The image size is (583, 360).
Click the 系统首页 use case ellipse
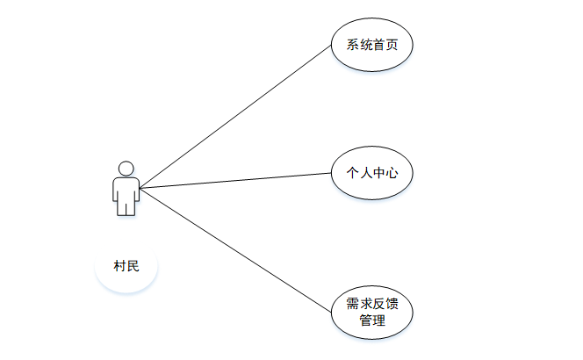coord(372,46)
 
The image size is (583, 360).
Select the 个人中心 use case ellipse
coord(372,173)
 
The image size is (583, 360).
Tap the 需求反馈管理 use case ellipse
coord(372,312)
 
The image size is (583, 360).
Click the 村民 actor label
coord(126,266)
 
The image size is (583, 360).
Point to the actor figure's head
coord(126,168)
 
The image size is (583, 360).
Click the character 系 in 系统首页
coord(353,46)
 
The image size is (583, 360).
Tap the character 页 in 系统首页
coord(392,46)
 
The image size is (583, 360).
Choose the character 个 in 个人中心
coord(353,173)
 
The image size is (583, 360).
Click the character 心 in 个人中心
coord(392,173)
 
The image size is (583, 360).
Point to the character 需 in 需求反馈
coord(353,304)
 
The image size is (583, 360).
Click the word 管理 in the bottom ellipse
coord(372,320)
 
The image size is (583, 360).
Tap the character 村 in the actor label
coord(119,266)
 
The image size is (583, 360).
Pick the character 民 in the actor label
coord(133,266)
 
